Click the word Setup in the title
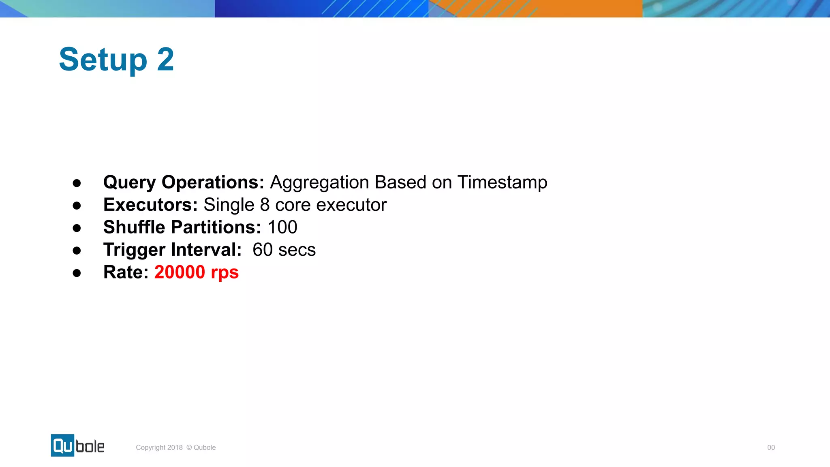tap(103, 60)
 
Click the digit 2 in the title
tap(165, 60)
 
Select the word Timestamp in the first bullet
tap(502, 182)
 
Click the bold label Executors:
tap(150, 205)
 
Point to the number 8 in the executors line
tap(265, 205)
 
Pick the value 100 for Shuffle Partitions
tap(282, 227)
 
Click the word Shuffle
tap(134, 227)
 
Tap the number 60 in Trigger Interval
tap(262, 250)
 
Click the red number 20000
tap(180, 272)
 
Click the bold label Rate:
tap(126, 272)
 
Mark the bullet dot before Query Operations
tap(77, 183)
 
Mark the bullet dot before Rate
tap(77, 273)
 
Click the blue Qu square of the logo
tap(62, 446)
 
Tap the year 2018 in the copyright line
tap(175, 448)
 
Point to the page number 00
tap(771, 448)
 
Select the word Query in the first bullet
tap(129, 182)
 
